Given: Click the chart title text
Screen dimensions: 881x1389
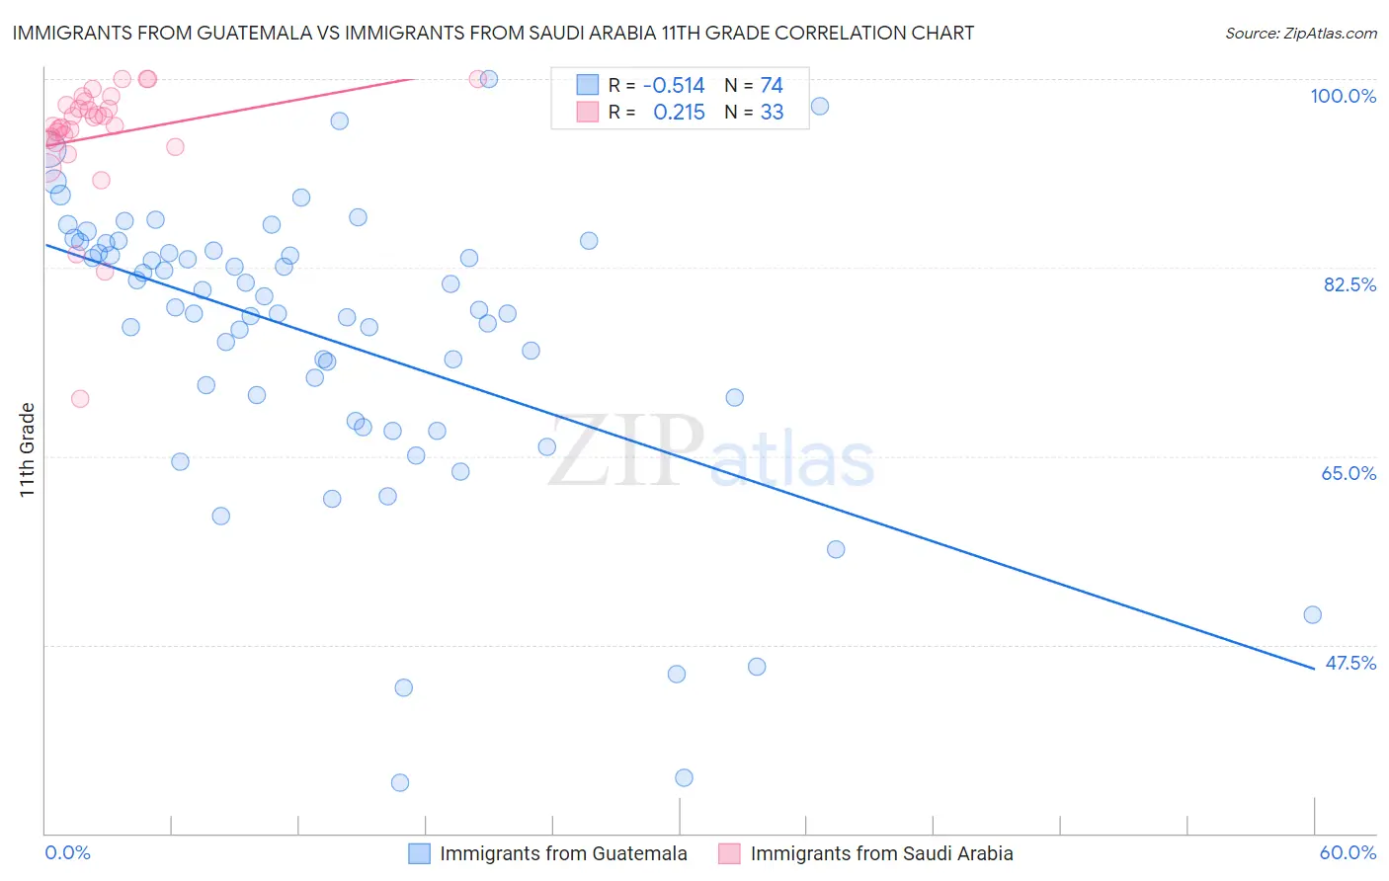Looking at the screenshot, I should (492, 33).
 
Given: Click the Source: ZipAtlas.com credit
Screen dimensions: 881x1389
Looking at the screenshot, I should (1300, 33).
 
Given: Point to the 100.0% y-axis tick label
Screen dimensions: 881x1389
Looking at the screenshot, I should (1343, 96).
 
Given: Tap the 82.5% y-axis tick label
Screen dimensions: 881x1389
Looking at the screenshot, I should (1349, 284).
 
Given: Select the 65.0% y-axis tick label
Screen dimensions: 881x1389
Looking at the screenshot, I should (1348, 473).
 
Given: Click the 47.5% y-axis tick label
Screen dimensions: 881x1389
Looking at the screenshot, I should (1349, 663).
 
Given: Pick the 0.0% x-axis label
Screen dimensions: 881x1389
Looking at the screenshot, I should (67, 852).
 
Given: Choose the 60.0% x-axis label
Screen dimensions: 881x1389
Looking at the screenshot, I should (1348, 852).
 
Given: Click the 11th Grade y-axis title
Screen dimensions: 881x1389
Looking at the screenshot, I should (27, 449).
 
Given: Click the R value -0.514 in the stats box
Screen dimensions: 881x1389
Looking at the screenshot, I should (674, 86).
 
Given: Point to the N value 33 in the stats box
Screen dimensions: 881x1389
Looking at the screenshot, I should (772, 113).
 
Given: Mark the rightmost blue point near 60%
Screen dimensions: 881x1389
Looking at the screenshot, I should (1312, 614).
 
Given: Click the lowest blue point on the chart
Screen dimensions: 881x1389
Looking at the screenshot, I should (400, 782).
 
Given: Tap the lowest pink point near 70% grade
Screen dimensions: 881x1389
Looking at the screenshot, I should (80, 399).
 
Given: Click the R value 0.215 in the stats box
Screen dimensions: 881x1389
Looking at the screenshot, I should (679, 113).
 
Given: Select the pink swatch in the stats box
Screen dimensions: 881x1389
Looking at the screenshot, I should (588, 112).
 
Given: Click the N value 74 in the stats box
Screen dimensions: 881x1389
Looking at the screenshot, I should (772, 86).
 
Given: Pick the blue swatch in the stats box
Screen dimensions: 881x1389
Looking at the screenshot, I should (588, 85).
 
